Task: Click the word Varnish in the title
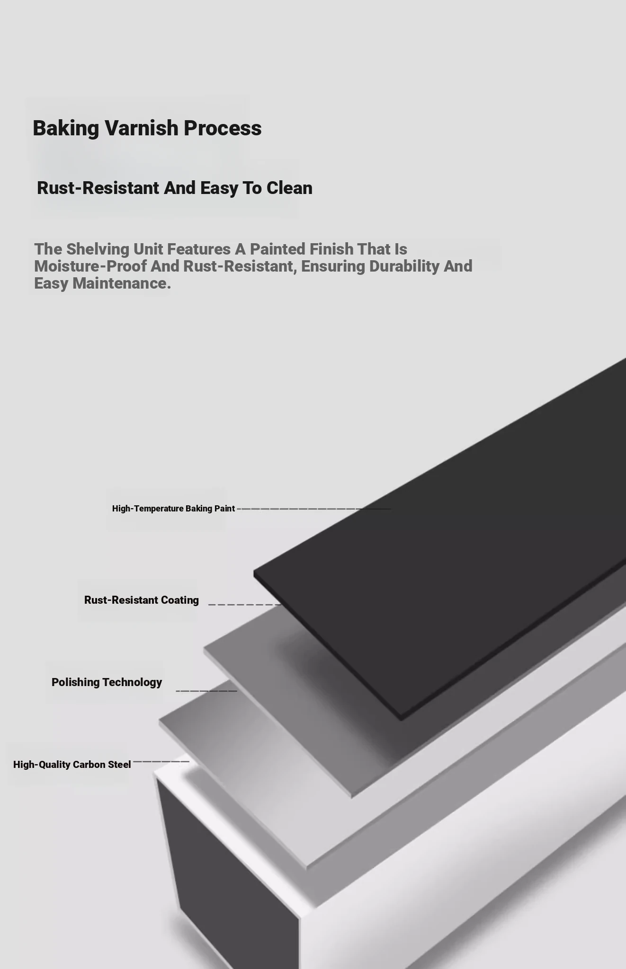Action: click(141, 128)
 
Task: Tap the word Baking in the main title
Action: click(66, 128)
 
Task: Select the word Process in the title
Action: click(223, 128)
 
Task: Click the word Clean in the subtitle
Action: click(289, 188)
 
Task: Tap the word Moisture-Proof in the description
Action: click(90, 266)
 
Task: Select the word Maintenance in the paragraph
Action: click(121, 283)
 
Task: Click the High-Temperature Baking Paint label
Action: click(173, 509)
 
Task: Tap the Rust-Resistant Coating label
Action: click(142, 600)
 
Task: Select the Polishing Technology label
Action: click(107, 682)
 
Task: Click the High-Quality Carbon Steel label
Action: click(72, 765)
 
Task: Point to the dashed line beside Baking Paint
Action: click(314, 509)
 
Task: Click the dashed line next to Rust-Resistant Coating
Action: click(245, 605)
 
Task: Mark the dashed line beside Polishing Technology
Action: click(206, 691)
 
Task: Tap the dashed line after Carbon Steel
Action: click(161, 762)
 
